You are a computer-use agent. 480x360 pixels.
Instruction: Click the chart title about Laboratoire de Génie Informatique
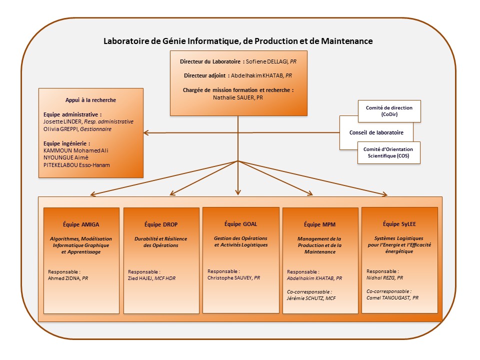237,41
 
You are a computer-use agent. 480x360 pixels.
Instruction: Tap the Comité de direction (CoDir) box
389,111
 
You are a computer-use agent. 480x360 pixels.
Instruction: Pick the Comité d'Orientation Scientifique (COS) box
389,152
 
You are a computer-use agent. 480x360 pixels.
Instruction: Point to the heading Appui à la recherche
90,100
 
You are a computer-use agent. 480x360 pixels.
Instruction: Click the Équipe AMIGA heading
81,224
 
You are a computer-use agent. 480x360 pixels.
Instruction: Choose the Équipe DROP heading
160,224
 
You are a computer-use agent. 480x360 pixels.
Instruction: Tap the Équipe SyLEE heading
399,224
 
